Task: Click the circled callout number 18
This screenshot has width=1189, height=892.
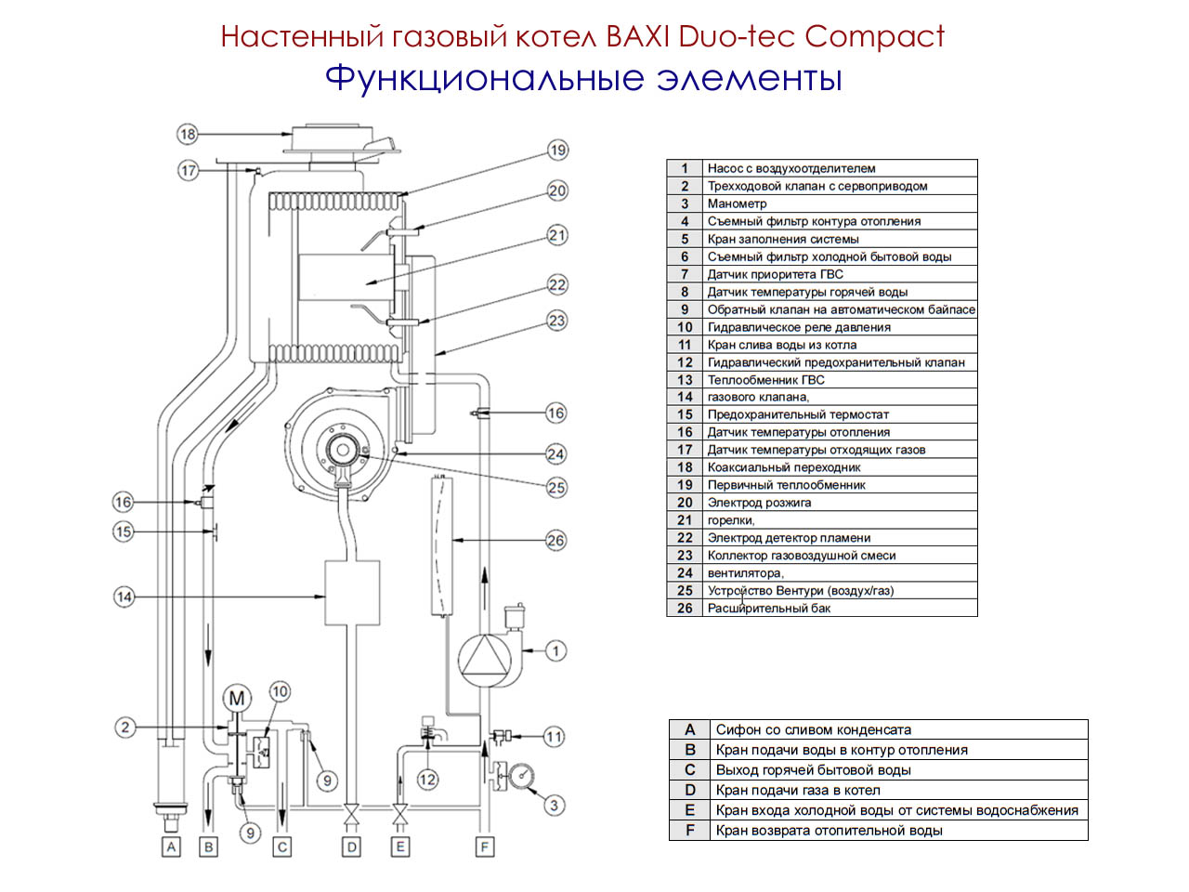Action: pos(188,134)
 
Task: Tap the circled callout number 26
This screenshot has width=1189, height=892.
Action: pos(555,540)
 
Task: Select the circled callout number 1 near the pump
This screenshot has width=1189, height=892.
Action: pos(555,650)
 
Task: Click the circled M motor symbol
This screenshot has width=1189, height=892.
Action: pos(237,699)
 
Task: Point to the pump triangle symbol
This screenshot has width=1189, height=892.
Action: pos(484,659)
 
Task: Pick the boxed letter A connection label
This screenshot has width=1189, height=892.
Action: pos(171,846)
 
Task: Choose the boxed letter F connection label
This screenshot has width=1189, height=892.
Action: pos(484,846)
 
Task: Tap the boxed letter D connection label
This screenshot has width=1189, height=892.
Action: pos(351,846)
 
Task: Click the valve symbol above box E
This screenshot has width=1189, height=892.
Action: pos(400,815)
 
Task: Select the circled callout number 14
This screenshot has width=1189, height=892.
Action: pos(124,597)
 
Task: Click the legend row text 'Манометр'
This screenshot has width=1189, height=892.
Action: pos(737,203)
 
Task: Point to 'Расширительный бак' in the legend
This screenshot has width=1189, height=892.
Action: pos(768,609)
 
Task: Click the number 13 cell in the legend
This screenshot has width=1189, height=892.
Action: pos(685,380)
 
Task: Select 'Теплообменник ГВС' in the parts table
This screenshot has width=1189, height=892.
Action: pos(765,380)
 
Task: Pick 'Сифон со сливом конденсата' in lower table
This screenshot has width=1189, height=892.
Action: pos(813,730)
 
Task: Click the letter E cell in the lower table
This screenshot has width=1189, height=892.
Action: pos(689,810)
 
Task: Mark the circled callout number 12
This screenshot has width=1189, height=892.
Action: pos(427,780)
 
